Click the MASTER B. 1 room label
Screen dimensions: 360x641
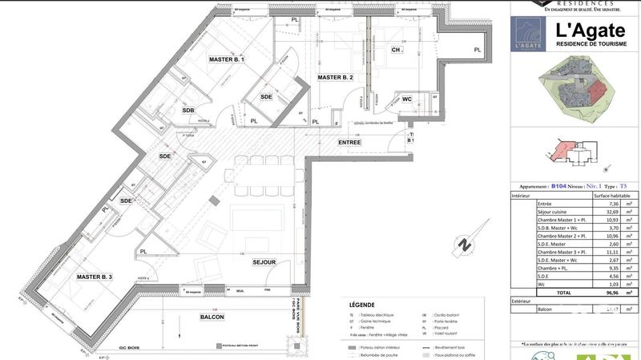coord(227,60)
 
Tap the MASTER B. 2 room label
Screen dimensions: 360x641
coord(336,78)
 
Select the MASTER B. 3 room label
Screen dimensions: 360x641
coord(95,277)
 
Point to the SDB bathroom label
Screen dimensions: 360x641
coord(188,111)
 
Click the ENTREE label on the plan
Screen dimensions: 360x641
coord(350,143)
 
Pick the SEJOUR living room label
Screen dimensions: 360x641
coord(264,262)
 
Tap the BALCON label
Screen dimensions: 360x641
coord(212,317)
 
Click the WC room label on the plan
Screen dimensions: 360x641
coord(407,99)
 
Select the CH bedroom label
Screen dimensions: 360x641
coord(396,50)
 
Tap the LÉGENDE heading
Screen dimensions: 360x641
coord(362,305)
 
